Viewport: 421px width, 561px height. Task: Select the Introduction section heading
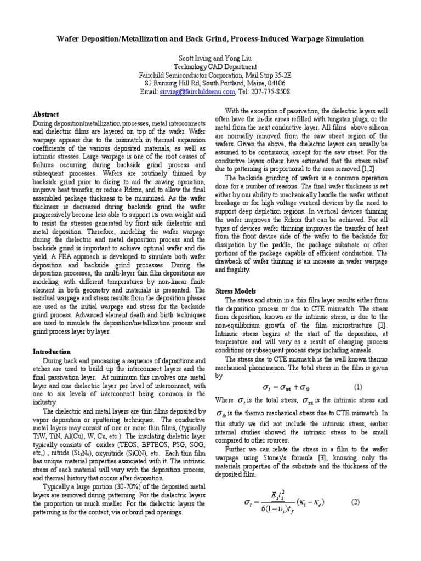coord(52,351)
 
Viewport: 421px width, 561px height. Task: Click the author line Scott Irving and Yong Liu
coord(210,58)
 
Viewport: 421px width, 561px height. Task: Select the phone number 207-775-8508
coord(271,92)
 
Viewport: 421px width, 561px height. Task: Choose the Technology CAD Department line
coord(210,66)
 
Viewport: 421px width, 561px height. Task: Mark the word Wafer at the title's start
coord(68,39)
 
